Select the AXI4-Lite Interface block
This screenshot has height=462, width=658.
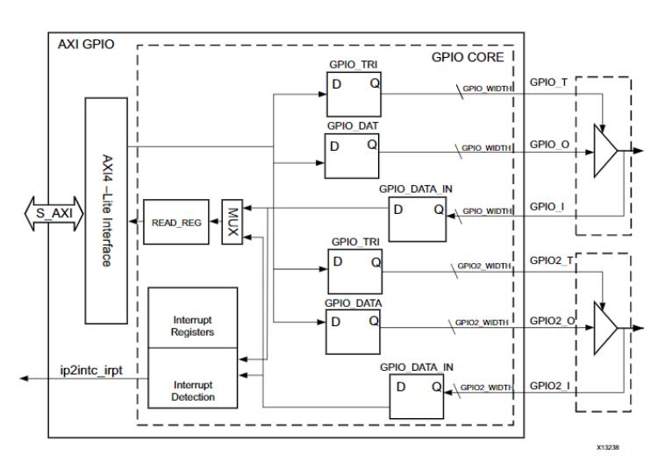[107, 210]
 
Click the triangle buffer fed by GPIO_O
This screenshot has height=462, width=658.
[606, 150]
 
